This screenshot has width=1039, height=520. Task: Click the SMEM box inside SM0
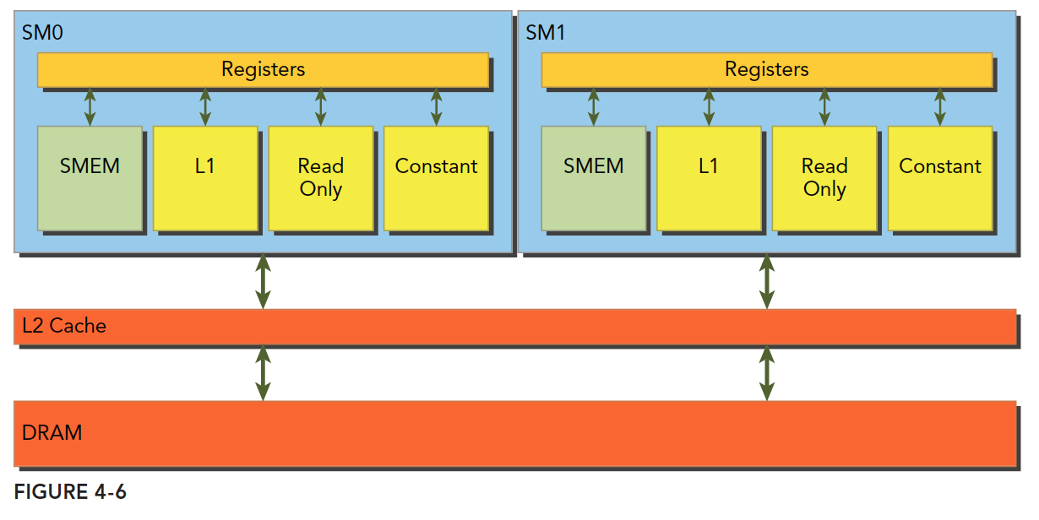click(90, 178)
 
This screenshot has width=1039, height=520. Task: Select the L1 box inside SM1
click(709, 178)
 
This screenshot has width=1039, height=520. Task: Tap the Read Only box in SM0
click(320, 178)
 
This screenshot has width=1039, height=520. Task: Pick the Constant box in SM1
click(939, 178)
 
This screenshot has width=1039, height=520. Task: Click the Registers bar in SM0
click(263, 69)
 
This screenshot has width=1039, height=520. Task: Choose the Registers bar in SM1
click(766, 69)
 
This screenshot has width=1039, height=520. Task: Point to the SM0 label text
click(42, 33)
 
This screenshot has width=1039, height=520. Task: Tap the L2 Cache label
click(64, 326)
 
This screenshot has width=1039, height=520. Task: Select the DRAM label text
click(52, 433)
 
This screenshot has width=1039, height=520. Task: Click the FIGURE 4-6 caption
click(70, 492)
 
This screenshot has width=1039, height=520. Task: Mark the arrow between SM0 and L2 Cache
click(263, 281)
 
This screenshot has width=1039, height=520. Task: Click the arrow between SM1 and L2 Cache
click(766, 281)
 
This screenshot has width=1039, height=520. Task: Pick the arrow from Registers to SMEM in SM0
click(90, 106)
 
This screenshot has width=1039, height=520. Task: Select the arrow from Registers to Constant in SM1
click(939, 106)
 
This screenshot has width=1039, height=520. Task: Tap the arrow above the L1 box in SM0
click(205, 106)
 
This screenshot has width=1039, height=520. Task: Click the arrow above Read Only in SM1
click(824, 106)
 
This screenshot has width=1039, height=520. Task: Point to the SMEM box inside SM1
click(594, 178)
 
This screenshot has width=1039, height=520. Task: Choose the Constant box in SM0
click(436, 178)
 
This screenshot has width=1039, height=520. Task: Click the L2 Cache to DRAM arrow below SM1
click(766, 372)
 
